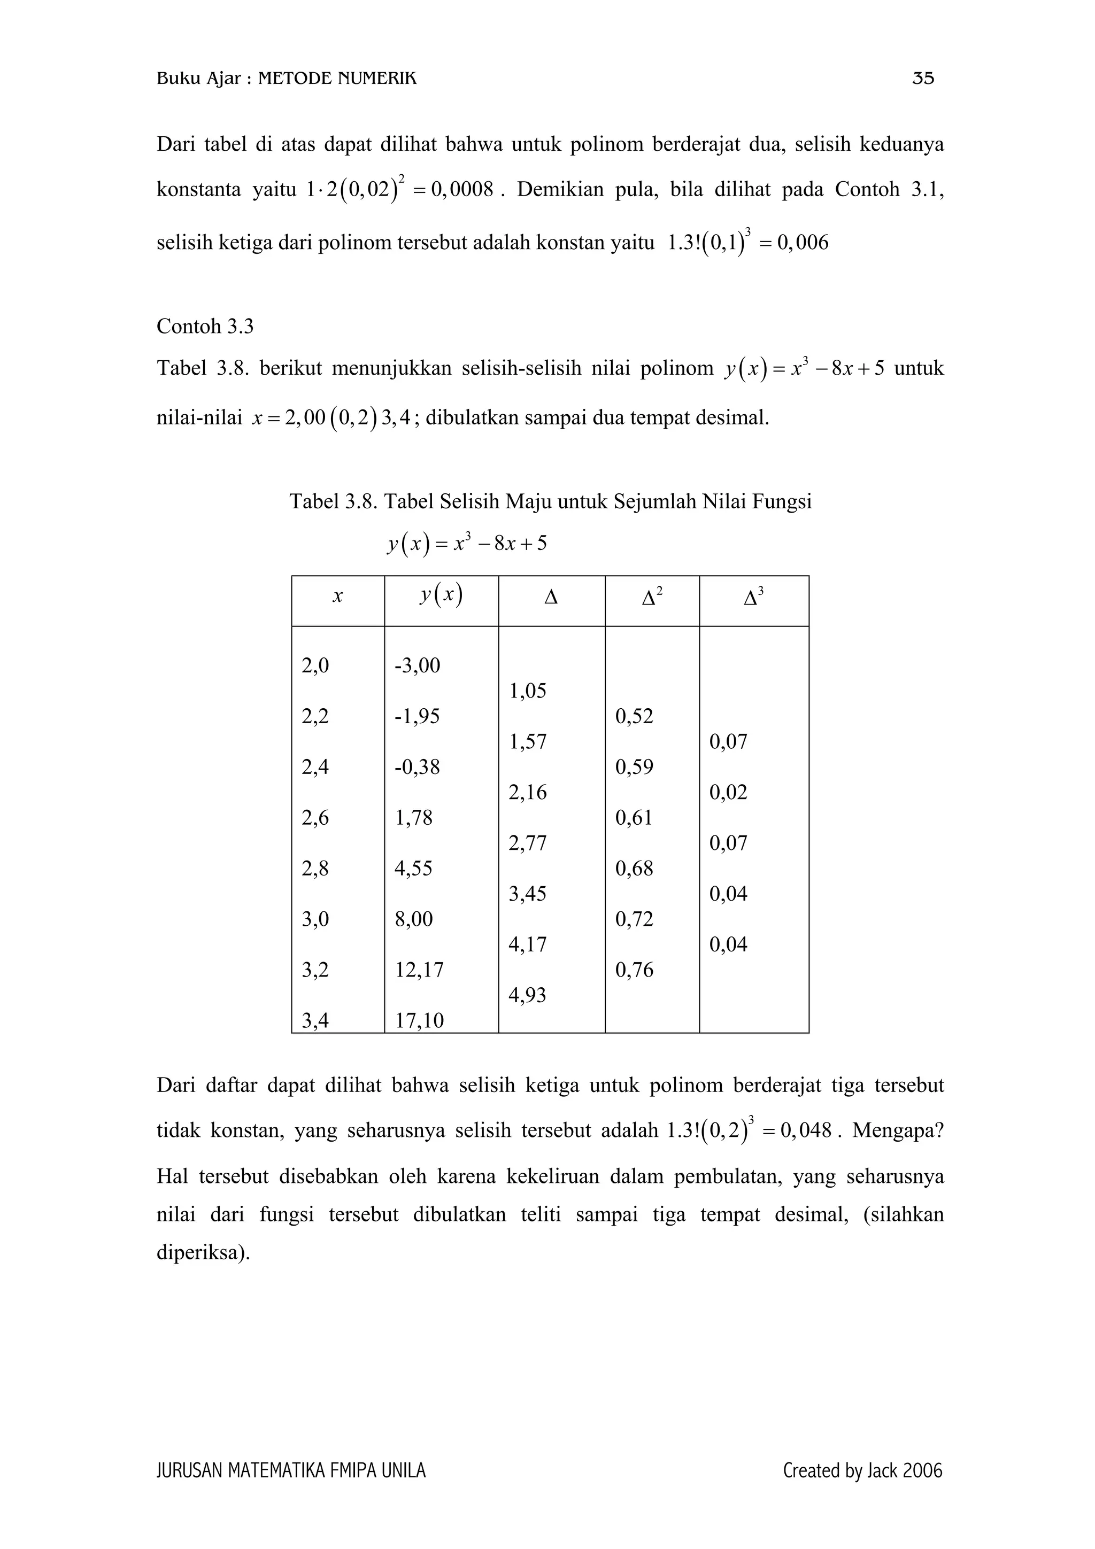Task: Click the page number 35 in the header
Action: [923, 79]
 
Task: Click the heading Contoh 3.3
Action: [205, 327]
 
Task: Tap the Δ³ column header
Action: [753, 597]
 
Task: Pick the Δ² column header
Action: [652, 597]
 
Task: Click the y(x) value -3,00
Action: [417, 666]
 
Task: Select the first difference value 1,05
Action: [528, 691]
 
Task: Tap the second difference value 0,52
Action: [634, 716]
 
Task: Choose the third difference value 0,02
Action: [728, 792]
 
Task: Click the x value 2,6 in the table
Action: [315, 818]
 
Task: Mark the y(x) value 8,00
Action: [414, 919]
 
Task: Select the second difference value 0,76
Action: [634, 970]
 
